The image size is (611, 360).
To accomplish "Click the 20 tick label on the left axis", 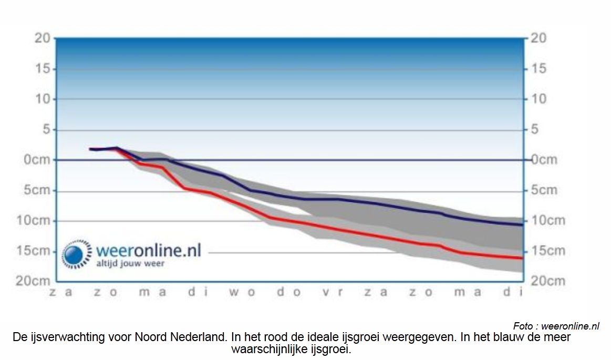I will [x=43, y=38].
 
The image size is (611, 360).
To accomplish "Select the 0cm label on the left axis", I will [x=37, y=160].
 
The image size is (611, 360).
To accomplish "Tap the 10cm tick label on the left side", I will [x=33, y=220].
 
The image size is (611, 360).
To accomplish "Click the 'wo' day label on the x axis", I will [x=242, y=292].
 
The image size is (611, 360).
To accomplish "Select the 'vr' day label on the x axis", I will [x=333, y=292].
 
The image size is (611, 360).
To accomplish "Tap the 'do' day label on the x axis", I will [x=289, y=292].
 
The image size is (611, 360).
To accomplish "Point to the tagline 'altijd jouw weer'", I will [x=130, y=263].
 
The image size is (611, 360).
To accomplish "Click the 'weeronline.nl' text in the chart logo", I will [x=149, y=250].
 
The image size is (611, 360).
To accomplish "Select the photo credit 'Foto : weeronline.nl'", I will [x=556, y=326].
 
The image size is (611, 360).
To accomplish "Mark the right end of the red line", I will [x=522, y=258].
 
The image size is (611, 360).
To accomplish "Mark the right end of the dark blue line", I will [x=522, y=225].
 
